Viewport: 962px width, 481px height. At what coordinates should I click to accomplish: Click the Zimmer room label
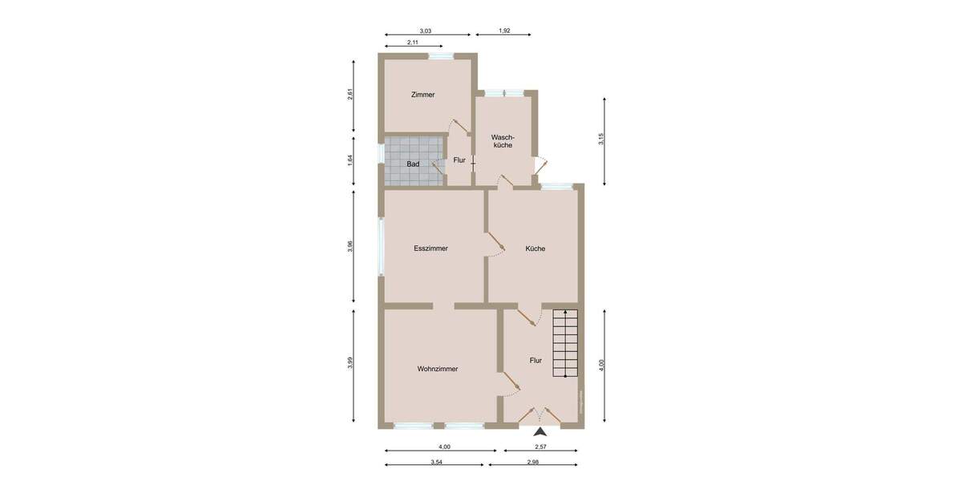point(422,95)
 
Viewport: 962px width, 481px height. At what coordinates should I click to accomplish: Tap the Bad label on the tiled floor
point(413,164)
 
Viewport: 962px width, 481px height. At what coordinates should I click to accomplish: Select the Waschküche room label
point(503,141)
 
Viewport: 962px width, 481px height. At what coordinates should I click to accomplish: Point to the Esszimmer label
point(430,249)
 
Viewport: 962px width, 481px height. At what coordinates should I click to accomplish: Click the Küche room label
point(535,249)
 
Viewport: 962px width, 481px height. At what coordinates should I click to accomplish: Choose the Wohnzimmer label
point(437,370)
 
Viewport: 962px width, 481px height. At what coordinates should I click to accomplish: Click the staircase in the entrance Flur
point(565,343)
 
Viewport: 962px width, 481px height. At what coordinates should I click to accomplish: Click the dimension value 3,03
point(425,31)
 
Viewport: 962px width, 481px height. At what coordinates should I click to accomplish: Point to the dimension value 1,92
point(504,31)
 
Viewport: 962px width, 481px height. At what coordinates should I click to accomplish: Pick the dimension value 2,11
point(412,42)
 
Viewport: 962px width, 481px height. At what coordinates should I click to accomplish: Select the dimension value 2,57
point(541,447)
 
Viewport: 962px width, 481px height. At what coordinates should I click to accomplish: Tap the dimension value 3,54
point(436,462)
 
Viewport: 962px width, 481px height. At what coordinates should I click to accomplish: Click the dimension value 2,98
point(533,462)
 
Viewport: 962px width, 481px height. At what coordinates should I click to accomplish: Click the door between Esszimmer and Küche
point(494,244)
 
